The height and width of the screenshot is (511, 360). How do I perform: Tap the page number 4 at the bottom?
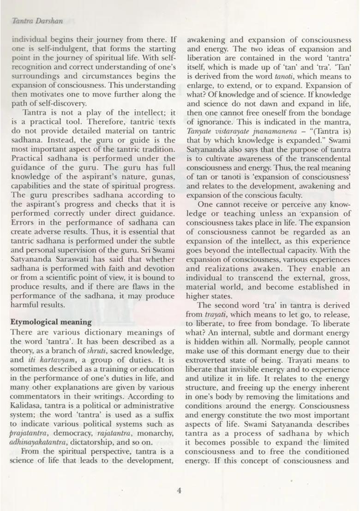click(x=179, y=490)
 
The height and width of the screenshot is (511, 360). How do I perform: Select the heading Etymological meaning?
click(x=51, y=322)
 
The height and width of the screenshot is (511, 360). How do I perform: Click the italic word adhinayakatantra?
click(x=41, y=443)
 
